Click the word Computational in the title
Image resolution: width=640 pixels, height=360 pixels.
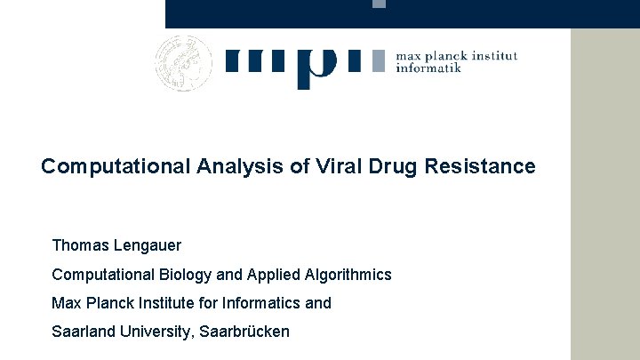112,167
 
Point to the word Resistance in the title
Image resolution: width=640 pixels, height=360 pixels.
484,167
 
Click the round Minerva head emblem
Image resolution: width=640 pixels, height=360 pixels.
184,62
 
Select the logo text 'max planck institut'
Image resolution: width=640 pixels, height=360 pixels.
456,55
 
